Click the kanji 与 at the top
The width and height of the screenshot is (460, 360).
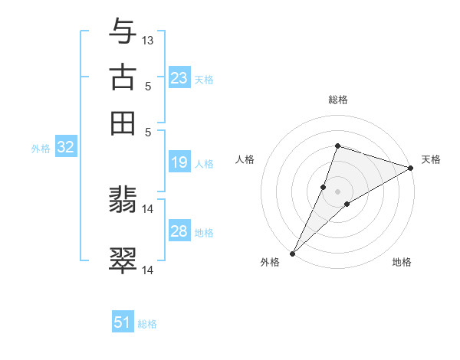(x=123, y=32)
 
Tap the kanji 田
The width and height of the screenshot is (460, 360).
(x=123, y=122)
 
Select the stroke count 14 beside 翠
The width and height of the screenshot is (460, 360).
(x=148, y=270)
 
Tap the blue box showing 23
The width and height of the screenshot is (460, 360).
(x=179, y=78)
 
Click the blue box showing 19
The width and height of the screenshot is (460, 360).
(x=179, y=162)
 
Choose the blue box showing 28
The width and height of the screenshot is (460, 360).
(x=179, y=231)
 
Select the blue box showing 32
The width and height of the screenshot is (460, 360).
(x=65, y=148)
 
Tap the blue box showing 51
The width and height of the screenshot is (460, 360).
(x=123, y=322)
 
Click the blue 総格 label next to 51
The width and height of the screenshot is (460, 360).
(x=147, y=324)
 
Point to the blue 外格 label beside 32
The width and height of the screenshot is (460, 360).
(x=41, y=149)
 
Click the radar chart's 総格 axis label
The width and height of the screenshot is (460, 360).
(x=337, y=100)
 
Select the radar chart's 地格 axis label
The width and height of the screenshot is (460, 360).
(x=402, y=263)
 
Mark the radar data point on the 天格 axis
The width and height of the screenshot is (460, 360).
(x=411, y=169)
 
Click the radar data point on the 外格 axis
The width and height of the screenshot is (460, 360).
(x=292, y=253)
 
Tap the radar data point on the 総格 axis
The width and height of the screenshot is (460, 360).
(x=337, y=146)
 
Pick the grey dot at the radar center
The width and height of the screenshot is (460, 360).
(x=337, y=191)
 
